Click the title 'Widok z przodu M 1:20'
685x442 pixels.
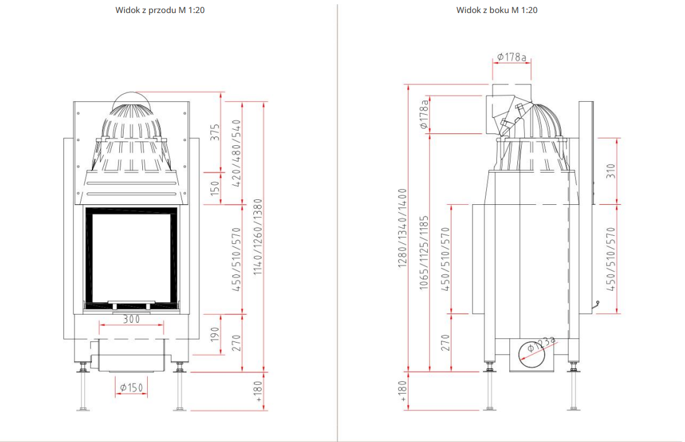pos(160,10)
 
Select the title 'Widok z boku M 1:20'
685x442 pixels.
pos(497,10)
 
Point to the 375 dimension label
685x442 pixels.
pos(215,132)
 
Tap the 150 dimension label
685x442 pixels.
pos(215,188)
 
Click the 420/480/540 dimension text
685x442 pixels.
pos(237,153)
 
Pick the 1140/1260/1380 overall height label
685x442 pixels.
pos(258,237)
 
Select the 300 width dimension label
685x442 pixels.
pos(131,319)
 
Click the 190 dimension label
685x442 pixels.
pos(215,335)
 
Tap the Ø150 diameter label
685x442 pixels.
pos(131,387)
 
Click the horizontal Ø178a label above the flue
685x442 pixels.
pos(512,57)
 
